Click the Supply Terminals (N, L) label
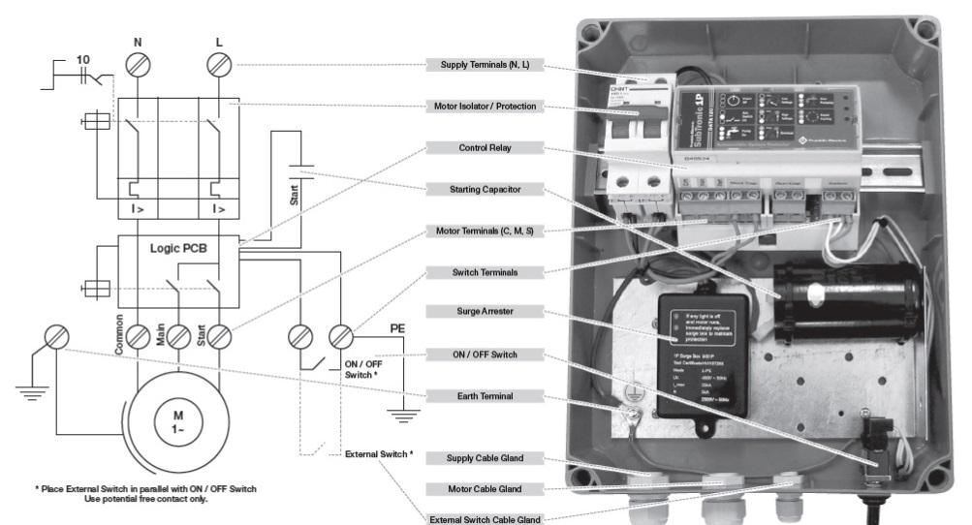(x=485, y=65)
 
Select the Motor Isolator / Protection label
(x=485, y=107)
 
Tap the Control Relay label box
(x=485, y=148)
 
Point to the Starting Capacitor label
(x=485, y=190)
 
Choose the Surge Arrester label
(x=485, y=313)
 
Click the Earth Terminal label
(x=485, y=395)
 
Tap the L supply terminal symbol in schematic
(x=219, y=65)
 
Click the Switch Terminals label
(x=485, y=272)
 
